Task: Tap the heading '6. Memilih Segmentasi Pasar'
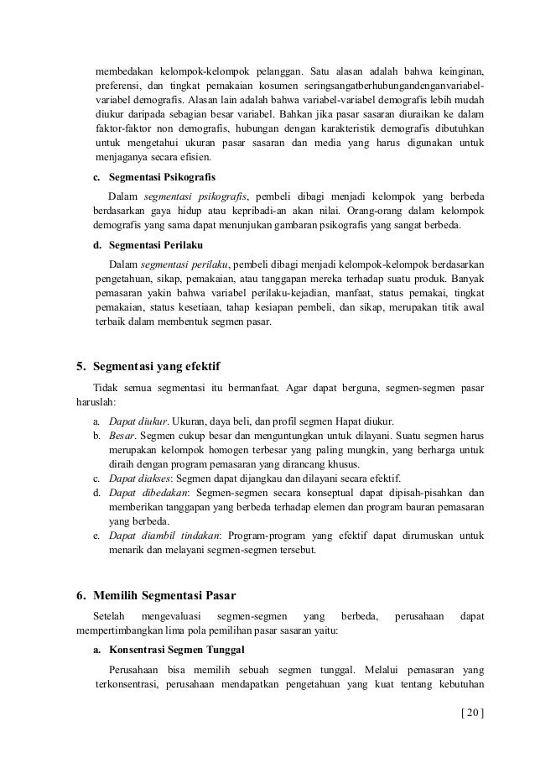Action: (x=155, y=597)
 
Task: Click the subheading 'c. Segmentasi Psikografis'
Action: (x=153, y=178)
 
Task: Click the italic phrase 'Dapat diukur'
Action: (x=136, y=421)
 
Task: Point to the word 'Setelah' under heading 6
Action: (x=106, y=618)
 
